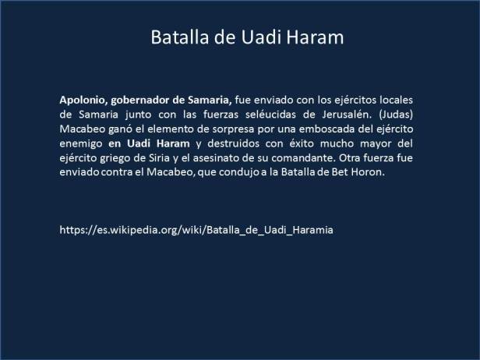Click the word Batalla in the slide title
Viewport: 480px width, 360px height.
pyautogui.click(x=176, y=37)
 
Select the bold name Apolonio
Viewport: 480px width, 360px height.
pyautogui.click(x=83, y=101)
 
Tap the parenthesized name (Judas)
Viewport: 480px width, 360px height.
pyautogui.click(x=404, y=115)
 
